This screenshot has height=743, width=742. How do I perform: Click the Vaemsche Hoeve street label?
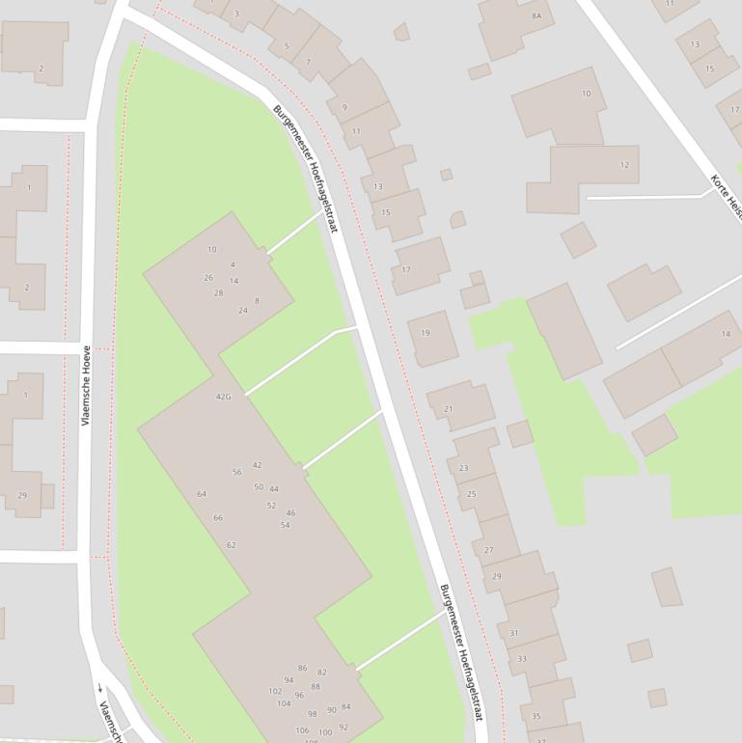click(86, 386)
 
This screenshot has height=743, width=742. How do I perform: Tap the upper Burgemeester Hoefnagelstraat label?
click(306, 169)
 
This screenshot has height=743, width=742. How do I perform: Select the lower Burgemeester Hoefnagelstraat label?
click(460, 652)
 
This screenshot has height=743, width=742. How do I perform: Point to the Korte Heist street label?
click(727, 197)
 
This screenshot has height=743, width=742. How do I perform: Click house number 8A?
click(536, 16)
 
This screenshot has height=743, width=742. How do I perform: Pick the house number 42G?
click(224, 397)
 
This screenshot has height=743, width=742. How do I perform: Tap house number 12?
click(624, 165)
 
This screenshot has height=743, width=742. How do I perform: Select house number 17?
click(406, 270)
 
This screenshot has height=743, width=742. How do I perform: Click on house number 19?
click(426, 333)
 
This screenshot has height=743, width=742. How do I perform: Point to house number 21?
click(448, 409)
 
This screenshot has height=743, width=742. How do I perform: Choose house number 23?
click(463, 468)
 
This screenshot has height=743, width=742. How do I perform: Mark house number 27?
click(488, 550)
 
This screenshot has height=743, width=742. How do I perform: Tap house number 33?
click(522, 659)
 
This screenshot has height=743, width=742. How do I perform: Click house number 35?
click(536, 716)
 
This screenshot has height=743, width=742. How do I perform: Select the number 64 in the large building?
click(202, 494)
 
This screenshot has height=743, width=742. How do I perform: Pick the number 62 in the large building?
click(232, 545)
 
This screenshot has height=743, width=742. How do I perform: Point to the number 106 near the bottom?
click(302, 730)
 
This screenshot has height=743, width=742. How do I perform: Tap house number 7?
click(308, 63)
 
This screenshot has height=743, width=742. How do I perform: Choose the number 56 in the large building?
click(237, 472)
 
